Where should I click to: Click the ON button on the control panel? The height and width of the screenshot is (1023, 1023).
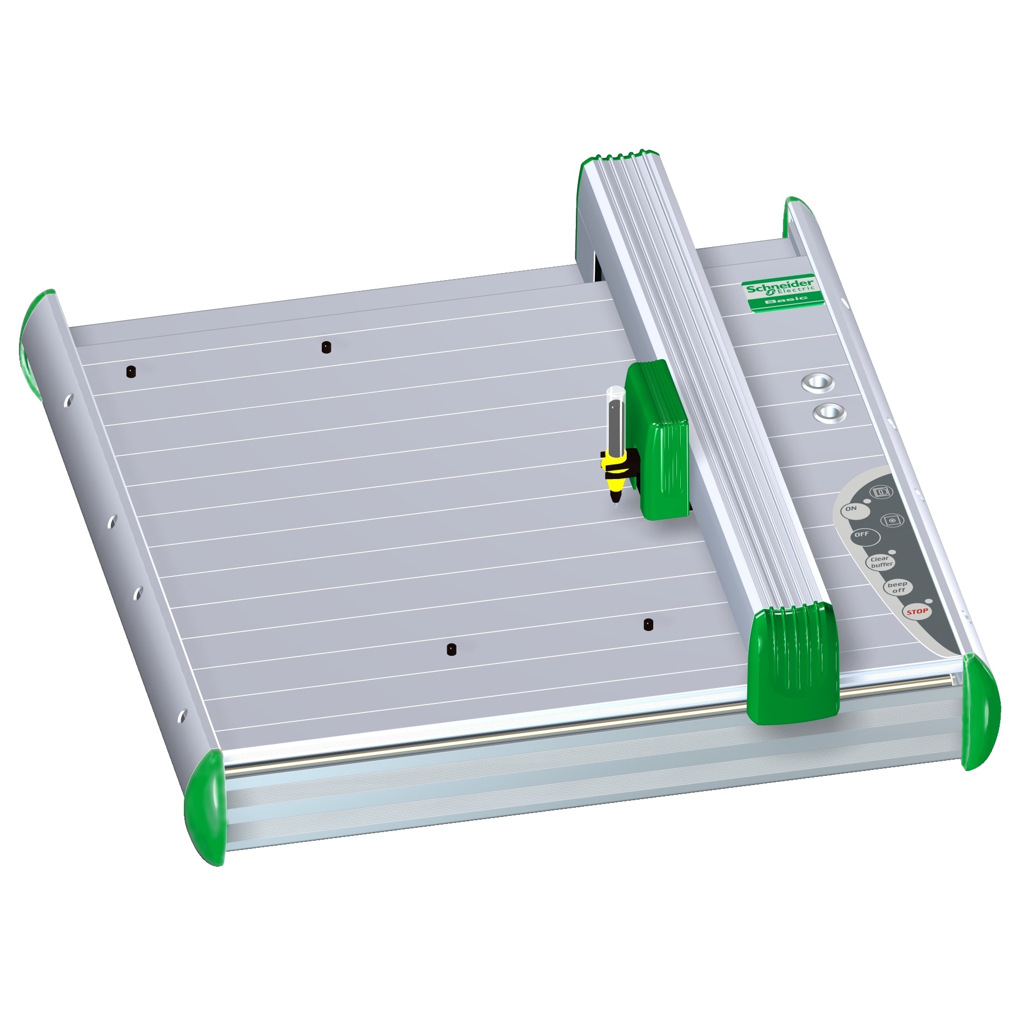point(852,509)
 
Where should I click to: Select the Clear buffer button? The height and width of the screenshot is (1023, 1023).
point(881,562)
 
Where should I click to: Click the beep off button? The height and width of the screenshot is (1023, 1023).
point(898,587)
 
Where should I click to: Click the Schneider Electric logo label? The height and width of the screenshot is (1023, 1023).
point(780,287)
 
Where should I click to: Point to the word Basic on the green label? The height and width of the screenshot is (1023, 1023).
point(786,299)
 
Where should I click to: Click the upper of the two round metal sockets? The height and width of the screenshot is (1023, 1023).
point(818,383)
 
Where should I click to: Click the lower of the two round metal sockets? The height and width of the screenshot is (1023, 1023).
point(829,413)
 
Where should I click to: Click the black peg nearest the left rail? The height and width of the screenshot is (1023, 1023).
point(131,371)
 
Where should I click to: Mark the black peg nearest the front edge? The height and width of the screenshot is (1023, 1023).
point(451,649)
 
